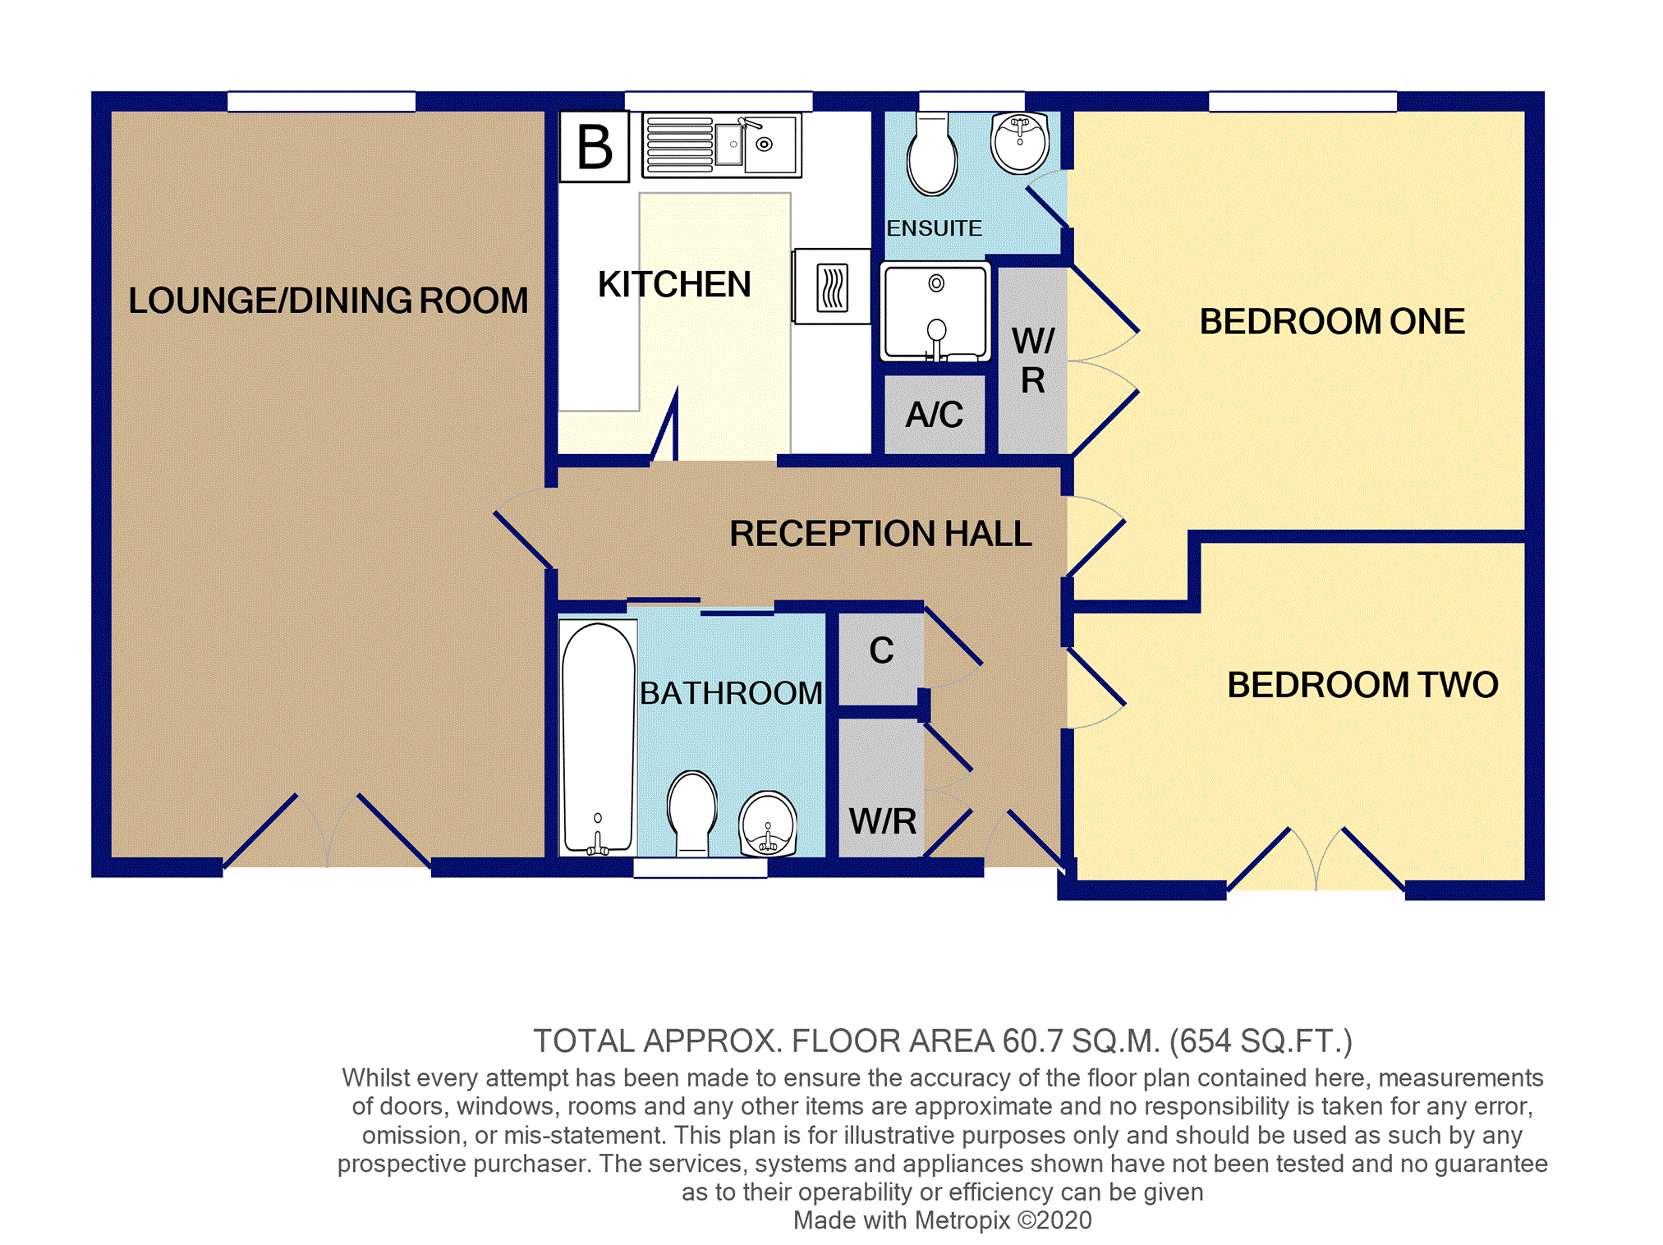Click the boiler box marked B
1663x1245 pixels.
coord(595,146)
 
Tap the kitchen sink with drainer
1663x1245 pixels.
coord(721,145)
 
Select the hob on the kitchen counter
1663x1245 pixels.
coord(832,287)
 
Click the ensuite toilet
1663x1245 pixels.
coord(932,154)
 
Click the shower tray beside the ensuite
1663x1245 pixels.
coord(935,312)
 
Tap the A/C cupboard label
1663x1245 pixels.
coord(935,415)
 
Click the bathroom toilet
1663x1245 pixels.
coord(692,814)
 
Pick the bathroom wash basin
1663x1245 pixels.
coord(768,825)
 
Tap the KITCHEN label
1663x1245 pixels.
coord(674,285)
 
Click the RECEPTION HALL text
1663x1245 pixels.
coord(880,534)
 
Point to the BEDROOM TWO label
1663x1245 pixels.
coord(1362,685)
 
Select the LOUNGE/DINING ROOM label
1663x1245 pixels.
coord(328,301)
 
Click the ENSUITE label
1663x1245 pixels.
coord(935,228)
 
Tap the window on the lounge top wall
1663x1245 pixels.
coord(321,101)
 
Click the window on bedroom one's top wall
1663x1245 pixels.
coord(1302,101)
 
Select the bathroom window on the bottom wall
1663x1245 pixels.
coord(701,867)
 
